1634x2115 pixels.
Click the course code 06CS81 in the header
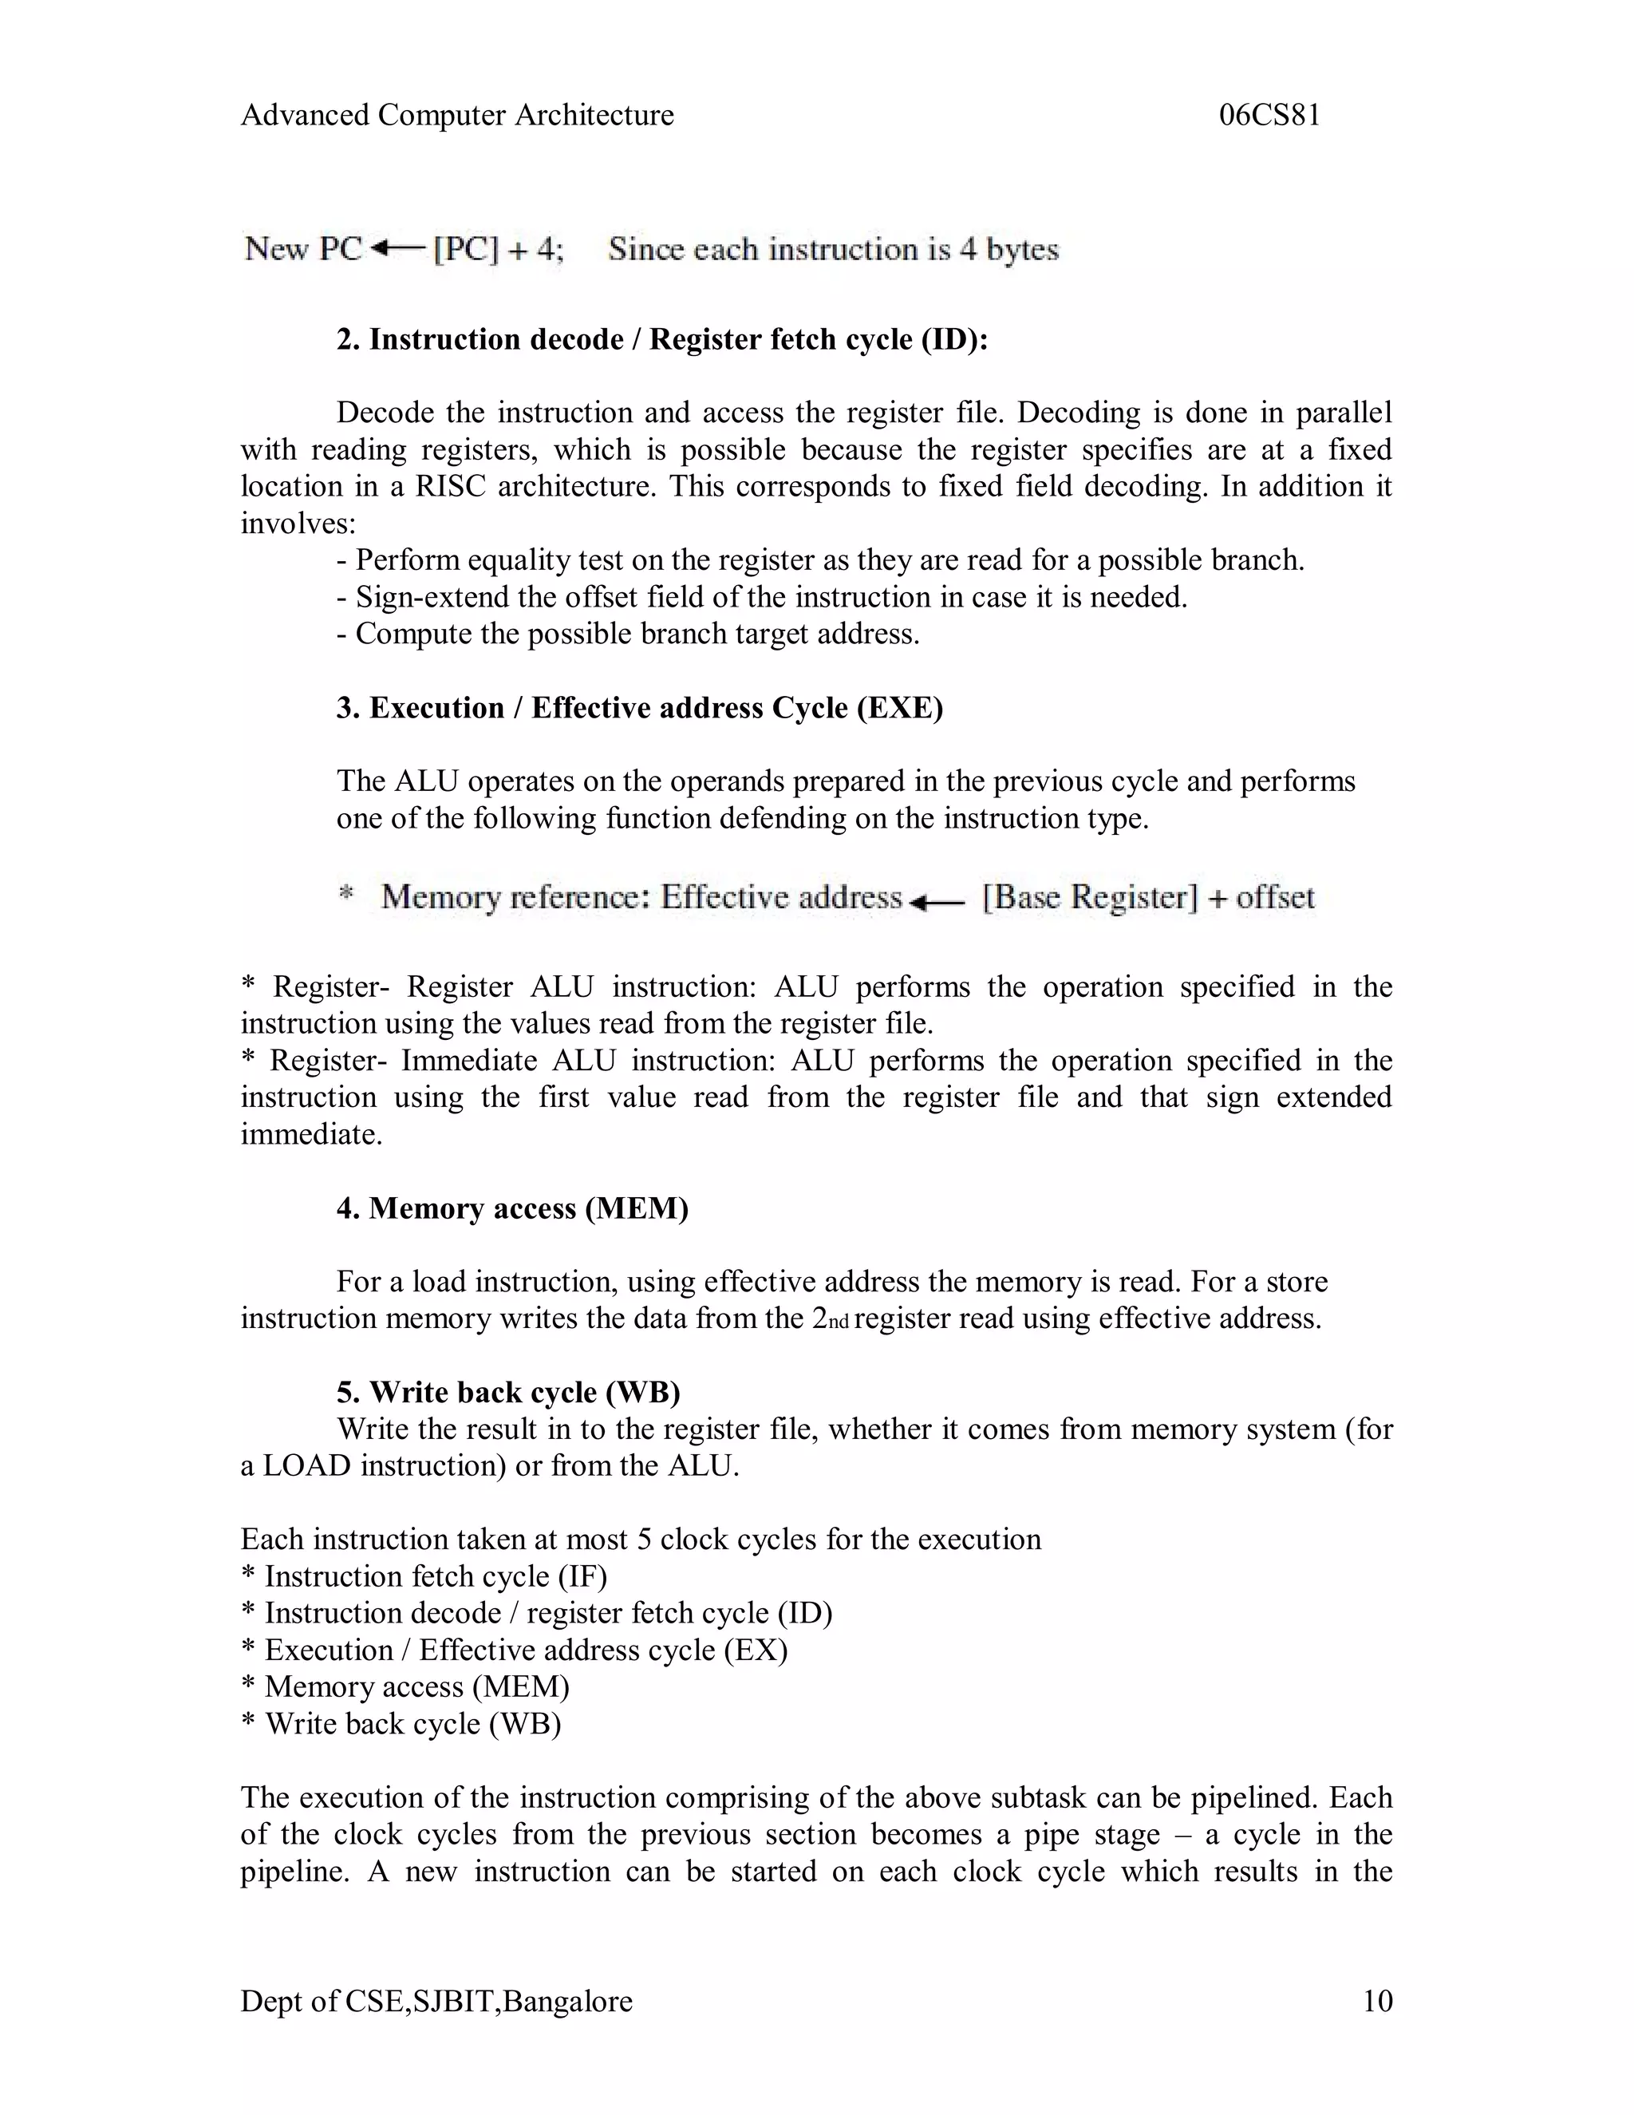(x=1269, y=115)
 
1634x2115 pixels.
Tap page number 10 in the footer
(x=1376, y=2001)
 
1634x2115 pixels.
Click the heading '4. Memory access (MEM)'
(x=512, y=1208)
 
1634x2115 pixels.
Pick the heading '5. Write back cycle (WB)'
(x=508, y=1392)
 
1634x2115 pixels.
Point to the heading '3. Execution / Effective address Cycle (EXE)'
(x=639, y=708)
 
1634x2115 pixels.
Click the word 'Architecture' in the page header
(x=594, y=115)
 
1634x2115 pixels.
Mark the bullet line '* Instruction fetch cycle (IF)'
(x=424, y=1576)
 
